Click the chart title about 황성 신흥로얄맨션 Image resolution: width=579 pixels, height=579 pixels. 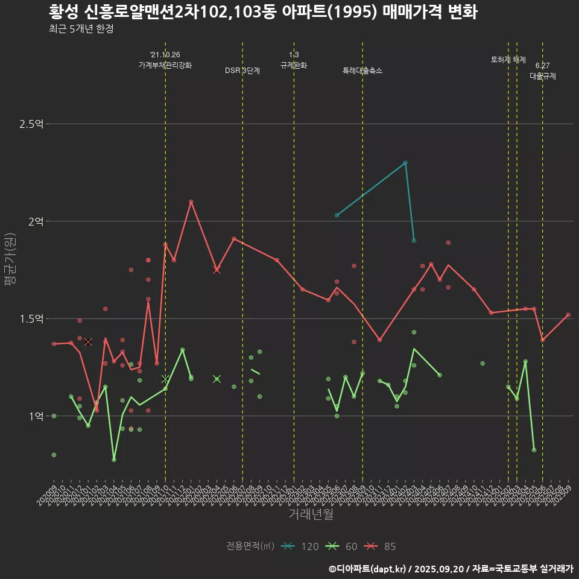click(263, 12)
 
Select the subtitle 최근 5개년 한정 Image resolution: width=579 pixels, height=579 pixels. click(81, 29)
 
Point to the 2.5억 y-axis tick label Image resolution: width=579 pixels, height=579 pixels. click(31, 124)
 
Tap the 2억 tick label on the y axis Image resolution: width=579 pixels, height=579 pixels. click(36, 221)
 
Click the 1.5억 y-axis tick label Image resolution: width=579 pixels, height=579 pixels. click(31, 318)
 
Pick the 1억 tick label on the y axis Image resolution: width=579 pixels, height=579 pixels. click(36, 416)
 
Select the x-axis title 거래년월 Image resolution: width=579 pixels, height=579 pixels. click(311, 514)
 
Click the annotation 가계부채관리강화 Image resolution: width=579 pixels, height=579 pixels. click(165, 65)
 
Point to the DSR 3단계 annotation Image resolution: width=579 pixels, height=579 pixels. click(242, 71)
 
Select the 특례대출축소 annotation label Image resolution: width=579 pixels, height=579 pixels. click(362, 71)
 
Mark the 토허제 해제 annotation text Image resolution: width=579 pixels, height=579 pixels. click(508, 60)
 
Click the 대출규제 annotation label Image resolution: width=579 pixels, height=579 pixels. click(543, 77)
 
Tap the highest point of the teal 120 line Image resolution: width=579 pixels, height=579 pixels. click(405, 163)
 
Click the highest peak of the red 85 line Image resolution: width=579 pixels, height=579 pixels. click(191, 201)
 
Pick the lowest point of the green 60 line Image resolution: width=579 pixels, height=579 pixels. click(114, 460)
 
